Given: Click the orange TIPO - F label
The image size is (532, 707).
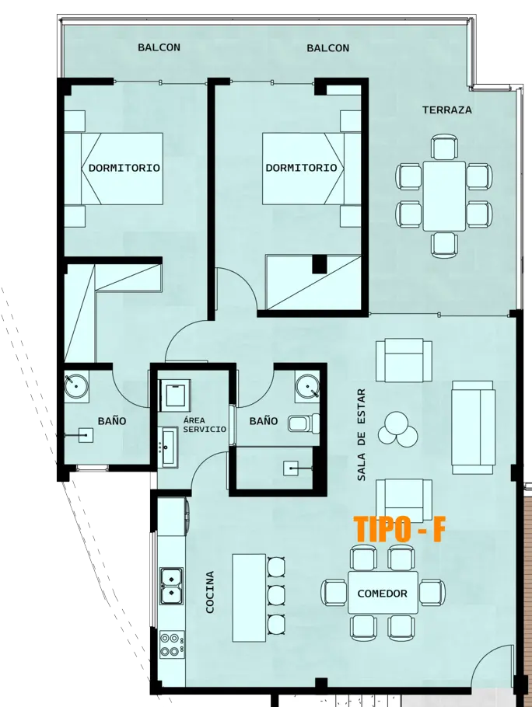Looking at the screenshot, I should tap(400, 529).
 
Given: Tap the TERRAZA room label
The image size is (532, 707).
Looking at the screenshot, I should tap(446, 110).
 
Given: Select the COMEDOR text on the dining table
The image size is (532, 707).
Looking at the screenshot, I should tap(382, 594).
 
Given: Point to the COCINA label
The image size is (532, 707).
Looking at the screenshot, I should tap(210, 593).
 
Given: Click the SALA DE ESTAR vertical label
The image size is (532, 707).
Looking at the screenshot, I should tap(361, 434).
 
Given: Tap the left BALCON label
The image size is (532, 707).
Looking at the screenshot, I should tap(159, 47).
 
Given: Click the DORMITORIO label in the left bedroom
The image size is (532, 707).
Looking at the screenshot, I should tap(124, 168).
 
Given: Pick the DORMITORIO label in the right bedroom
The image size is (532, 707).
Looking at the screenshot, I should tap(301, 168).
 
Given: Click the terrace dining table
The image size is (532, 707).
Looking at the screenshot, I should tap(444, 196).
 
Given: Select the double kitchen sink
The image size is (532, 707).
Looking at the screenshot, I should tap(171, 586).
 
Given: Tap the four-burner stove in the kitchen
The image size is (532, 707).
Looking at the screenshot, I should tap(170, 644).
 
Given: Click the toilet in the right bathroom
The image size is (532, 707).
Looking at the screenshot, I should tap(303, 423).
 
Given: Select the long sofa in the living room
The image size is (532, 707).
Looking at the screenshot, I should tap(473, 427).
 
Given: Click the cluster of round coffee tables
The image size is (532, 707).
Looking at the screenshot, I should tap(397, 428).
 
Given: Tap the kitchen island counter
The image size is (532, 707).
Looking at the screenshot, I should tap(249, 597).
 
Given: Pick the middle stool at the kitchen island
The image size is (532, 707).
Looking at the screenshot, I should tap(276, 596).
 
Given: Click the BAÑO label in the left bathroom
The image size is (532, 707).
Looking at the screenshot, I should tap(112, 421).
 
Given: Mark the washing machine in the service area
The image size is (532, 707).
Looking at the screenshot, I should tap(174, 395).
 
